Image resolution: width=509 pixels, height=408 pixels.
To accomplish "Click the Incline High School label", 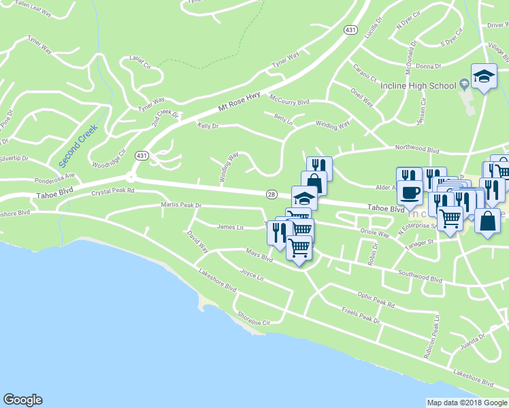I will click(x=425, y=86).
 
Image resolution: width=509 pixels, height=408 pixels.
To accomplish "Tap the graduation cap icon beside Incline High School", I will click(x=484, y=76).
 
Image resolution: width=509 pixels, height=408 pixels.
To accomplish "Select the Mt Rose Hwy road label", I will click(x=239, y=103).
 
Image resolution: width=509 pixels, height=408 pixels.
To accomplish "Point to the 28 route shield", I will click(x=272, y=194).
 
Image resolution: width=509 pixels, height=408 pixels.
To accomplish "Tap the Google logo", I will click(x=22, y=400).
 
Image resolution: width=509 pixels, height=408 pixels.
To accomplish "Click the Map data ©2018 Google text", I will click(x=467, y=403).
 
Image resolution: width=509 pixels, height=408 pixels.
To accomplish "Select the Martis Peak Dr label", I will click(x=182, y=205).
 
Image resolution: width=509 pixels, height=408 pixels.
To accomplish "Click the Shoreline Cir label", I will click(x=253, y=318).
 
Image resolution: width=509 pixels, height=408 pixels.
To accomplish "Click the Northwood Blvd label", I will click(x=418, y=148).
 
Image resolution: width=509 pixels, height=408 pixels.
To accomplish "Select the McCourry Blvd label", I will click(x=289, y=100).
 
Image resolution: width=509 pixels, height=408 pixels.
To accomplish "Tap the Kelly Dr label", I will click(x=208, y=126).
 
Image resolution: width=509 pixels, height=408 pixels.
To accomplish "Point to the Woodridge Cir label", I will click(x=109, y=159).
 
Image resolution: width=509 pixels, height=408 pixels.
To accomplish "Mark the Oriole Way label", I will click(x=374, y=233).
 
